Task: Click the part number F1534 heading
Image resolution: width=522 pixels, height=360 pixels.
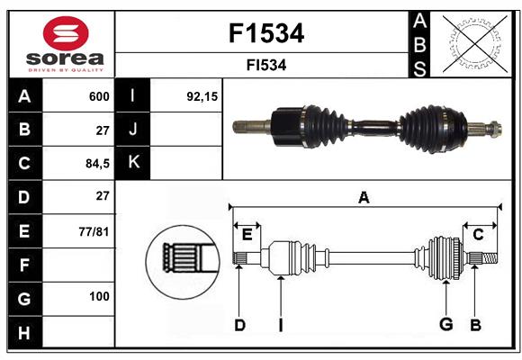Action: (266, 33)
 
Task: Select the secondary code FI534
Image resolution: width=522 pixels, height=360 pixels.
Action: (266, 65)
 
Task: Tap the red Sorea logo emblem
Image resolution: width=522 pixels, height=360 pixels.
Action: (66, 33)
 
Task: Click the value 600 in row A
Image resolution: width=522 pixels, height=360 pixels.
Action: (99, 96)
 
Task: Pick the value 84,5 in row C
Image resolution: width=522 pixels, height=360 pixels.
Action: (97, 164)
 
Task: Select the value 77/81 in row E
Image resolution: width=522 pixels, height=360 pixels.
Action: (94, 231)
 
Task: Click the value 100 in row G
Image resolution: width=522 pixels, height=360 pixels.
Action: (99, 296)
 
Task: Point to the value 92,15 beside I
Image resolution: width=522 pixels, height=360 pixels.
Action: (202, 96)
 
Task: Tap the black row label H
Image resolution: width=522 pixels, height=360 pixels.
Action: (25, 332)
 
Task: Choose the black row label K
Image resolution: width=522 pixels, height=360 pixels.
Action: (133, 163)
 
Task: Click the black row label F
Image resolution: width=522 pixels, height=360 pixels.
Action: (25, 265)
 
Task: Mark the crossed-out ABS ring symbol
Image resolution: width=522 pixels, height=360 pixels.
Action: (474, 44)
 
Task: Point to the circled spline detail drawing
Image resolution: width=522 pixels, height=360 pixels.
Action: (183, 262)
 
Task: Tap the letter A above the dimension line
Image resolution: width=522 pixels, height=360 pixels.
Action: (364, 198)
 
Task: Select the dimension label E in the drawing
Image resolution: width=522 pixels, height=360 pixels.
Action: (247, 235)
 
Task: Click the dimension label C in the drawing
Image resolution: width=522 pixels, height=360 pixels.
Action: (478, 235)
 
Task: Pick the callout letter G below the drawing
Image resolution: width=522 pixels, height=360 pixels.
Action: (446, 324)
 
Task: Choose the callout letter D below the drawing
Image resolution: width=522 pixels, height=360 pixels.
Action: (239, 325)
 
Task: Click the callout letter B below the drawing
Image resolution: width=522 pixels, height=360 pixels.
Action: (475, 325)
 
